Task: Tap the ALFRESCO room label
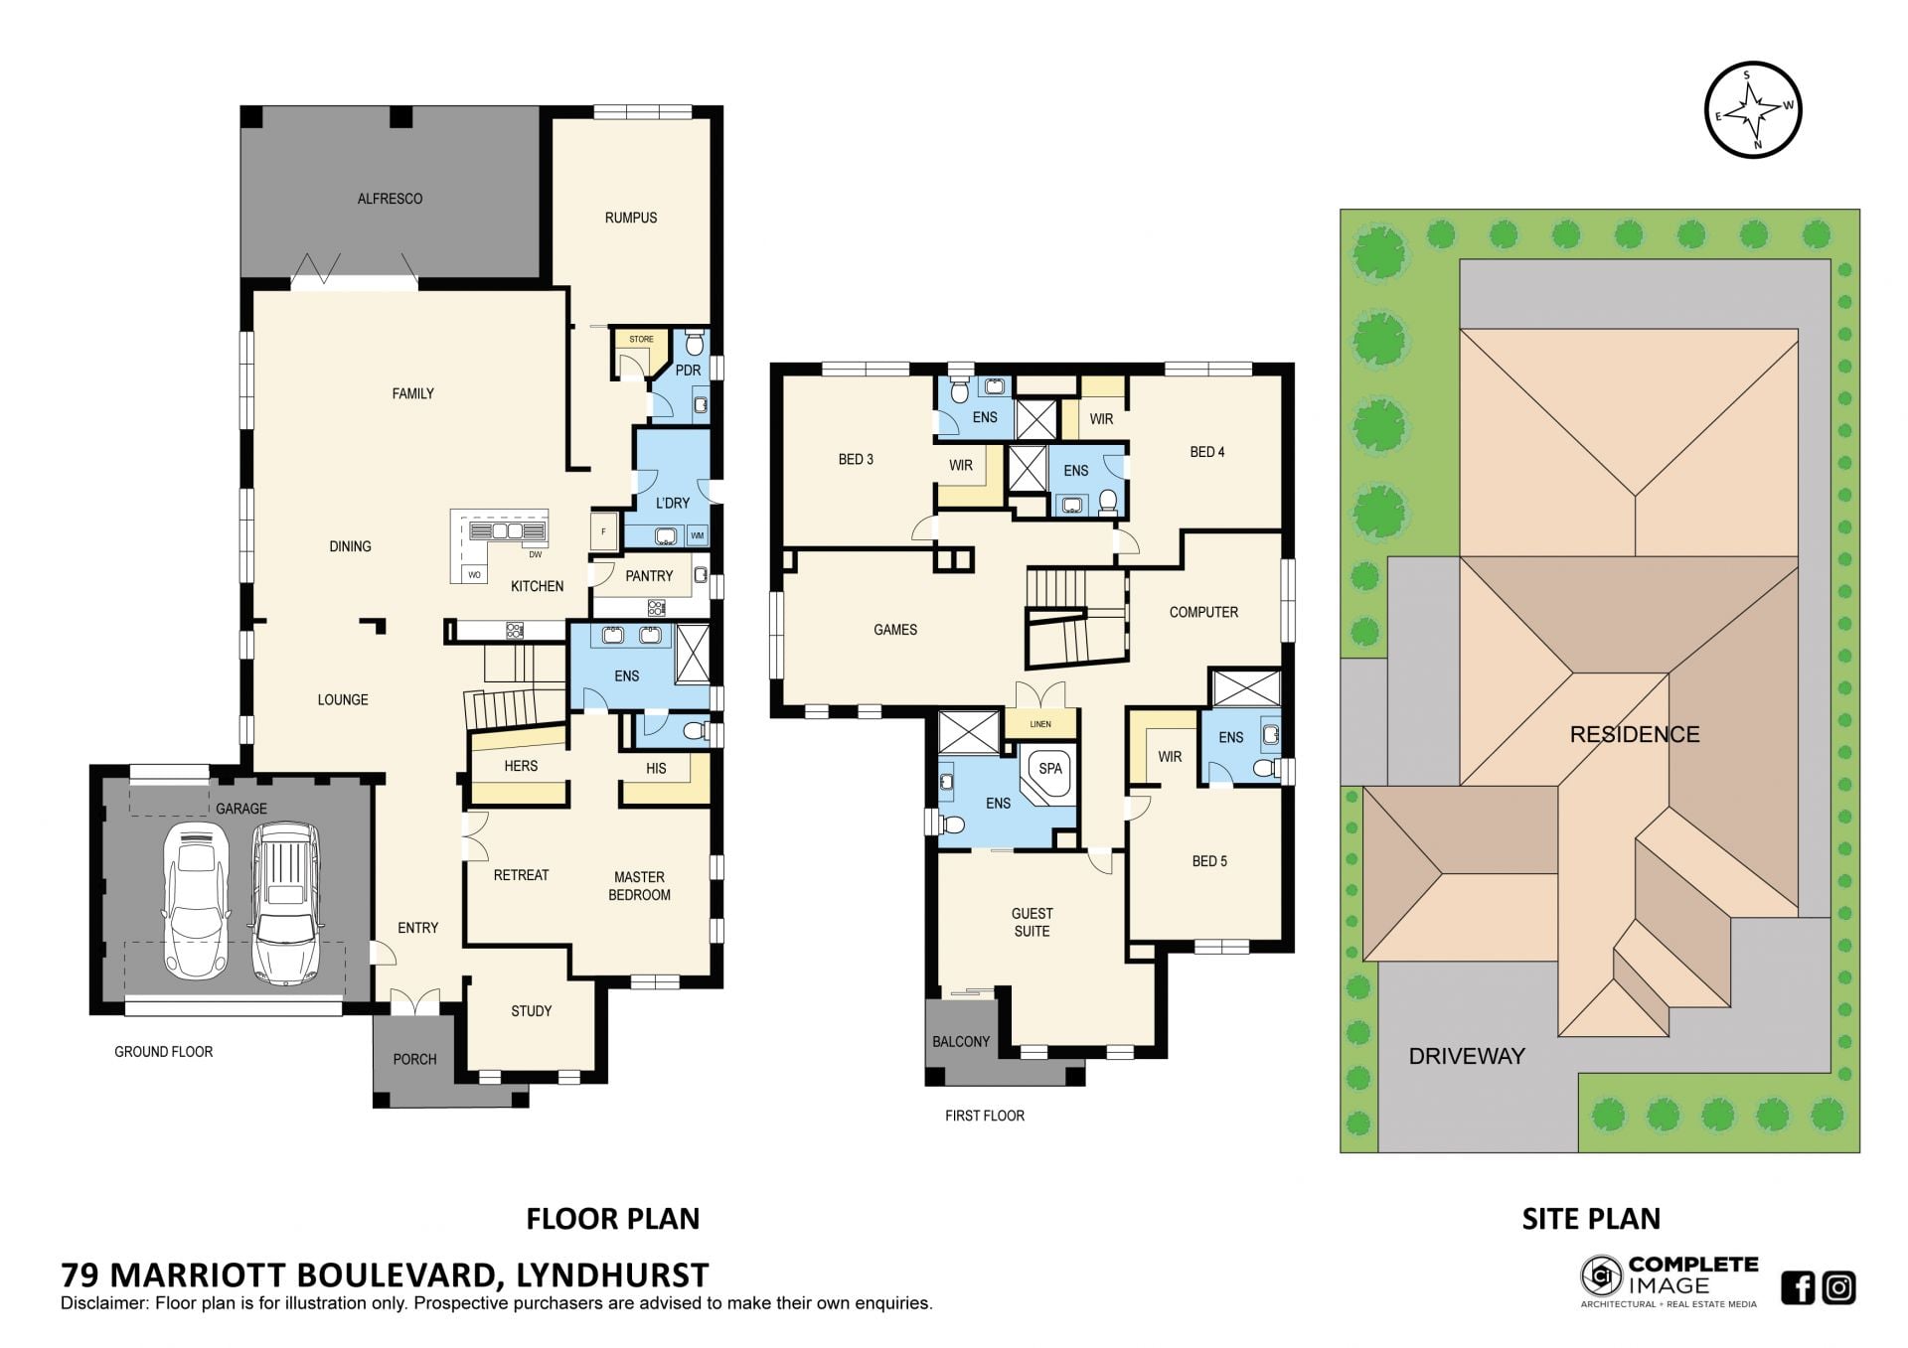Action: (x=390, y=199)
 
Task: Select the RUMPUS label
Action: (x=631, y=218)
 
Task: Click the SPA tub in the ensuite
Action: (x=1048, y=772)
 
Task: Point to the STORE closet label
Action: (x=641, y=340)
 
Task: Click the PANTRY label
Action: (x=649, y=576)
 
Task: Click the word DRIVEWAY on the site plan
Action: (x=1467, y=1056)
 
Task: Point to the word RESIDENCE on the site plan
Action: (x=1635, y=734)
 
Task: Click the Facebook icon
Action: (x=1798, y=1287)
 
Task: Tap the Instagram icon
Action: (x=1839, y=1287)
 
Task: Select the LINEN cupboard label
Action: (x=1040, y=724)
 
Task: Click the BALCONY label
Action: (x=961, y=1041)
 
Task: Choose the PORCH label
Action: (x=414, y=1059)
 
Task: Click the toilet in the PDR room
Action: (x=695, y=344)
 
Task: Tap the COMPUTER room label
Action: (x=1203, y=612)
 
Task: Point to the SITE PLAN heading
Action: (x=1591, y=1218)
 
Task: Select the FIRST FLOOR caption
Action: (x=985, y=1116)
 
